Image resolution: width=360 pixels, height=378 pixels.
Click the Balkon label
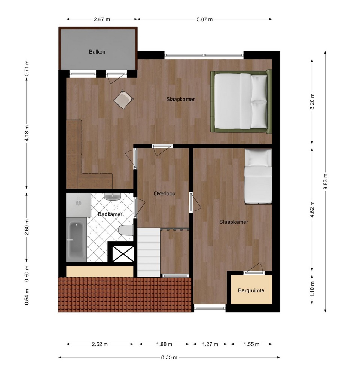click(x=97, y=52)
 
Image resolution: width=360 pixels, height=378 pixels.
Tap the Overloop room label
click(x=164, y=193)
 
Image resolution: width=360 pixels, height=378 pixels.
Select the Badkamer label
click(x=110, y=214)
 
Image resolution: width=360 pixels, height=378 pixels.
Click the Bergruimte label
click(x=251, y=290)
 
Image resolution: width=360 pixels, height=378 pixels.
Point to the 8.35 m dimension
click(x=169, y=357)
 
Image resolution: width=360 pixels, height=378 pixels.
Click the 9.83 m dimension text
click(x=325, y=181)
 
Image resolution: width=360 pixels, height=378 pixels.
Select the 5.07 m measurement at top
click(x=205, y=19)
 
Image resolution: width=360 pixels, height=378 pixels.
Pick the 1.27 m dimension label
click(x=210, y=344)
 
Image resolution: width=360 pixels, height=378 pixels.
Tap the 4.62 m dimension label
click(x=312, y=209)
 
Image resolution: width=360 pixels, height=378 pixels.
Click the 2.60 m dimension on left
click(x=27, y=227)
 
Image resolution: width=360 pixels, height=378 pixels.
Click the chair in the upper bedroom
click(x=123, y=99)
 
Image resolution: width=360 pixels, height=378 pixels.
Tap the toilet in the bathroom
click(x=126, y=230)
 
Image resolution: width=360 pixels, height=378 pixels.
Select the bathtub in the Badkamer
click(x=76, y=240)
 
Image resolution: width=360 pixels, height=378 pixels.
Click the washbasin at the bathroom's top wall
click(x=113, y=196)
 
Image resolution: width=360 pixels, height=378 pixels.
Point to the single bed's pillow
click(x=258, y=158)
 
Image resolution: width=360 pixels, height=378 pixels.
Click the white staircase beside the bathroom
click(x=149, y=252)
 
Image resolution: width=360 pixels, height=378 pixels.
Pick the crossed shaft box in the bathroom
click(x=123, y=254)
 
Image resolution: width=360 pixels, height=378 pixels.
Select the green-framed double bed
click(x=241, y=101)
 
